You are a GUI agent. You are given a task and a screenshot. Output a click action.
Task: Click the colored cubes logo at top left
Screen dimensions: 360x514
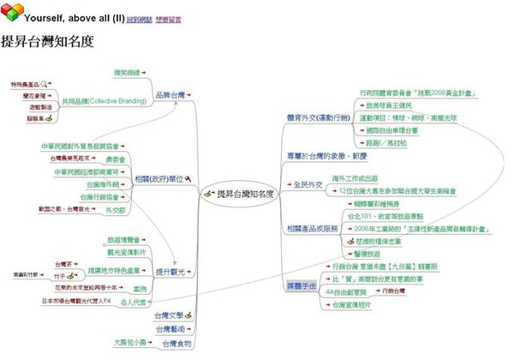click(x=12, y=15)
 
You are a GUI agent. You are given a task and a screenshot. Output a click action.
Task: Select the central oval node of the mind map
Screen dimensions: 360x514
click(x=241, y=195)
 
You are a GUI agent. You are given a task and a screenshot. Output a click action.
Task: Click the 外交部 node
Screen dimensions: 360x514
click(x=114, y=209)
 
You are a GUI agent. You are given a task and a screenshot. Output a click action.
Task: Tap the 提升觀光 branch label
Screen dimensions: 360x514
click(x=168, y=273)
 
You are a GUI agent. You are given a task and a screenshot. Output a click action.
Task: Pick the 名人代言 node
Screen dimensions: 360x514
click(x=134, y=302)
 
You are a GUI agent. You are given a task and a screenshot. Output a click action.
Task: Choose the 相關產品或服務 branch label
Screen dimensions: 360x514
click(x=311, y=229)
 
